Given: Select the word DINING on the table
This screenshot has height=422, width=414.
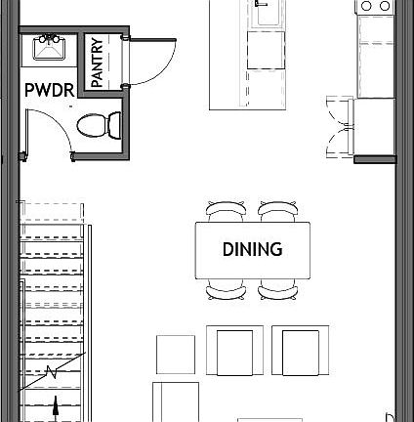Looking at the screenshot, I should coord(251,249).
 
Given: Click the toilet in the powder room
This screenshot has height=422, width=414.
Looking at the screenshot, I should coord(98,124).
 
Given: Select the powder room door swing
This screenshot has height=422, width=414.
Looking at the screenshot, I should coord(47,132).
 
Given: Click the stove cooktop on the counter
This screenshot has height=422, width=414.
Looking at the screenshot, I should coord(376,8).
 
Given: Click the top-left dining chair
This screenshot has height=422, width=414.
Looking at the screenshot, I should coord(227,211).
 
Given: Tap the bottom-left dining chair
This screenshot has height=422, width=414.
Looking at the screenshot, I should coord(227,288).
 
